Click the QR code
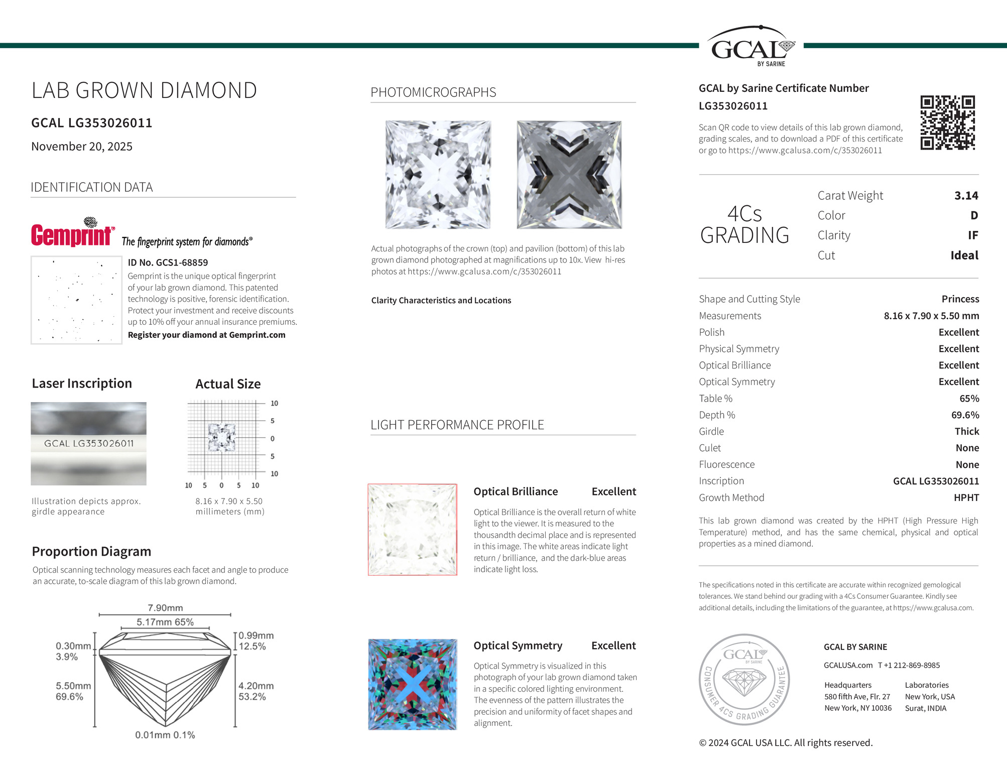point(947,122)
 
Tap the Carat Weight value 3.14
point(966,196)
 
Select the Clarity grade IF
point(972,235)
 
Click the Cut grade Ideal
point(964,255)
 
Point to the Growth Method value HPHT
point(966,497)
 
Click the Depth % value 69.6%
point(965,415)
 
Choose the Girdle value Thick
point(966,432)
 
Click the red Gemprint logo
point(72,234)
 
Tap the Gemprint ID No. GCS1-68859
point(168,263)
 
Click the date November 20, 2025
point(82,147)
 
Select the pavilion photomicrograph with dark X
point(569,175)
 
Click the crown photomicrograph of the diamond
point(438,175)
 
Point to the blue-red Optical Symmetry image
point(413,684)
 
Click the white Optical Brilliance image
point(413,530)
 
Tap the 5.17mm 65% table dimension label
point(165,622)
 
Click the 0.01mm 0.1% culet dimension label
point(165,735)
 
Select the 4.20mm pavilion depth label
point(256,686)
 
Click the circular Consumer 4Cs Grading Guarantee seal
point(744,679)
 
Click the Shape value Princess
point(960,299)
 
